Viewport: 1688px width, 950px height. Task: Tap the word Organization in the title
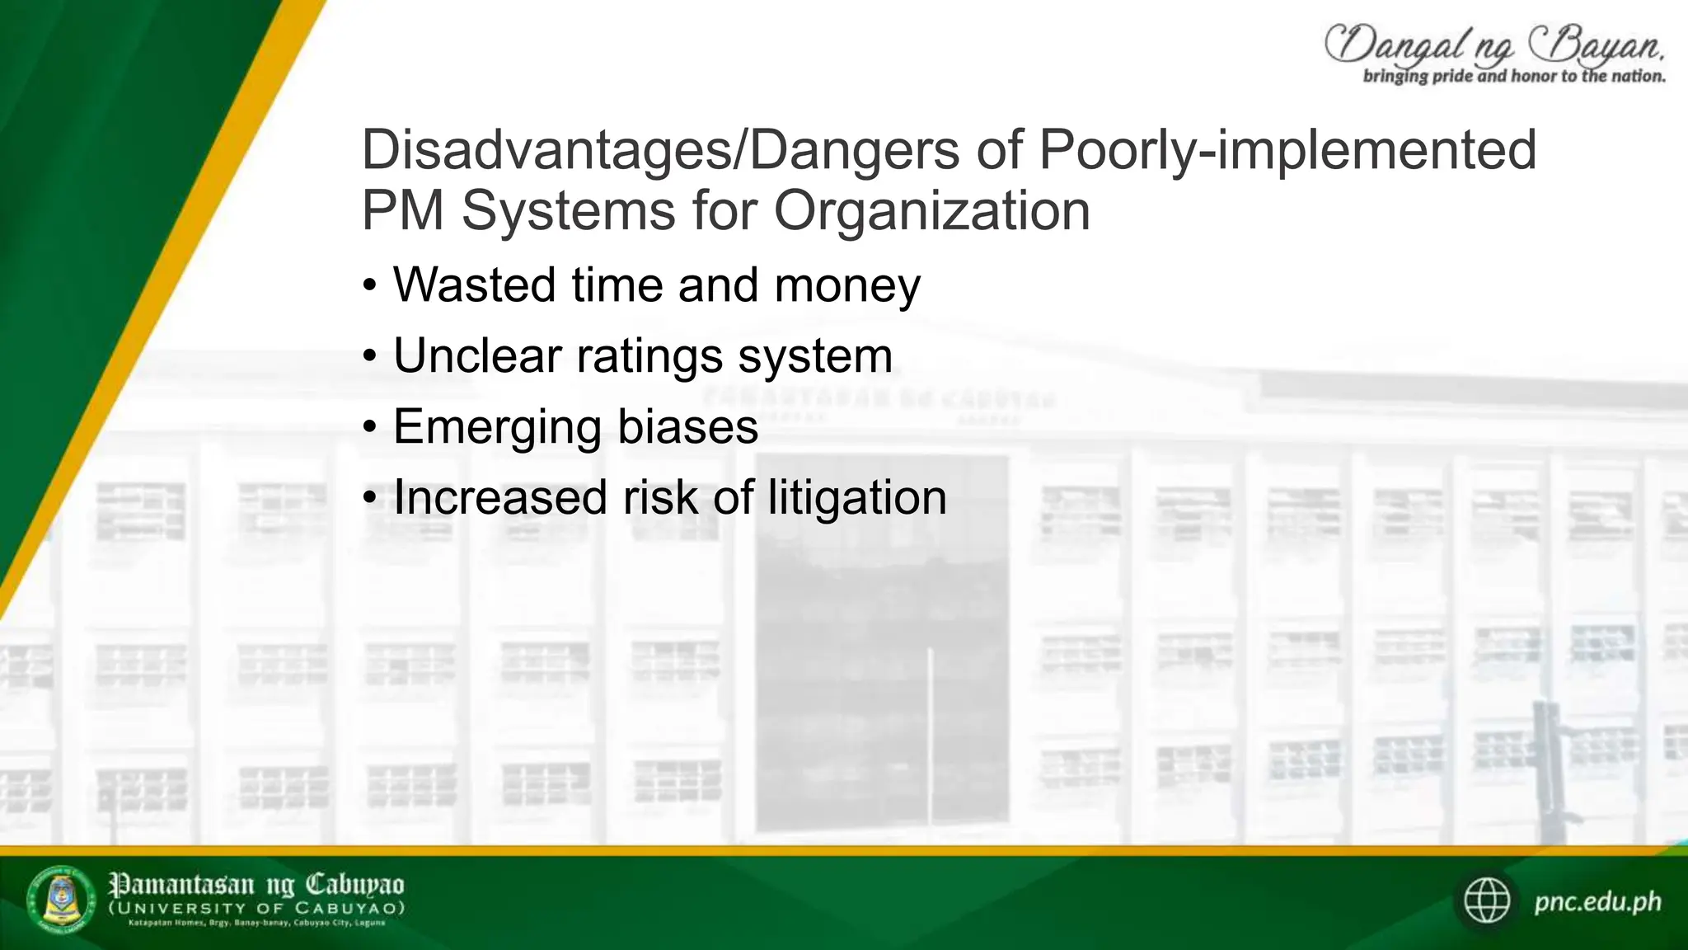click(931, 211)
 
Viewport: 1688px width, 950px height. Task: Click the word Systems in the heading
click(569, 211)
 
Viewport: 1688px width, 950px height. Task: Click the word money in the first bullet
click(847, 285)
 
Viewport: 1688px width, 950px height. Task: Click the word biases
click(687, 427)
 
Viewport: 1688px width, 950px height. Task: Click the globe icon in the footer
click(1487, 901)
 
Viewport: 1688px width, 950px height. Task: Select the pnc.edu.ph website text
click(1597, 901)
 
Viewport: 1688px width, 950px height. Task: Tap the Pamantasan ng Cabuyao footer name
click(256, 886)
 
